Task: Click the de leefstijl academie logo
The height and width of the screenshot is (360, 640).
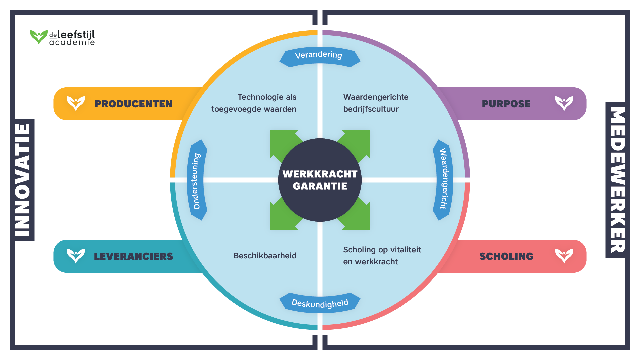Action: coord(62,37)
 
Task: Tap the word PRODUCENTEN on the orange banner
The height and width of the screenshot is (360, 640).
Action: coord(133,104)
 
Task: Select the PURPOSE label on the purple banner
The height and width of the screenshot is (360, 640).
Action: coord(506,104)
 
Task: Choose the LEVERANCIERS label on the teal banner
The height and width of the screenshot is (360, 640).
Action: coord(133,256)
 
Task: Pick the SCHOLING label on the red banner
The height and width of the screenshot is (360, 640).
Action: coord(506,256)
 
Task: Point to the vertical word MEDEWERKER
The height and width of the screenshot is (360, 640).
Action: coord(617,180)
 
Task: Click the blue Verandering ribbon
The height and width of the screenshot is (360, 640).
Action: coord(319,55)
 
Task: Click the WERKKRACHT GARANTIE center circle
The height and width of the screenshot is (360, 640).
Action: coord(320,180)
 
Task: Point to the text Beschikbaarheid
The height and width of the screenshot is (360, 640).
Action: coord(265,256)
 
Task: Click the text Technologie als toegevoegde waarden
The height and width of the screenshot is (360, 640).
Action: coord(254,103)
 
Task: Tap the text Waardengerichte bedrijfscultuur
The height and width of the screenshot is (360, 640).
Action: coord(376,103)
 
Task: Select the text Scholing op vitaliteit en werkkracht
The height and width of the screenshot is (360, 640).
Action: coord(382,256)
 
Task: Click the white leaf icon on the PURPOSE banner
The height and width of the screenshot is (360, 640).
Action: coord(564,103)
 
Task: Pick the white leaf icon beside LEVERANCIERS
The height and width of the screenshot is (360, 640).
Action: coord(76,256)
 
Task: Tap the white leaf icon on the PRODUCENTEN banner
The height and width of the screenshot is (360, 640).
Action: coord(76,103)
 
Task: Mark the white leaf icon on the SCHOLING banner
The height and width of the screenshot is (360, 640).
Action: coord(564,256)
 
